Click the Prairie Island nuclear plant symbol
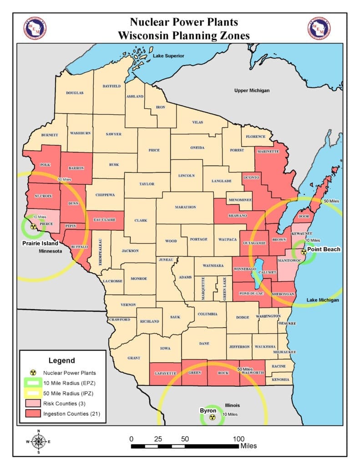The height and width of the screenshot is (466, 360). [x=32, y=226]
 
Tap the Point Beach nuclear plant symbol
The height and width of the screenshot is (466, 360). [x=304, y=252]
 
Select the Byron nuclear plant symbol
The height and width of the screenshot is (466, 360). [x=212, y=417]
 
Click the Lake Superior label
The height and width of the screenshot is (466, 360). [x=168, y=56]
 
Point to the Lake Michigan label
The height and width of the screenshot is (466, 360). [x=323, y=300]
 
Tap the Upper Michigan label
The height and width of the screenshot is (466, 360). [x=252, y=91]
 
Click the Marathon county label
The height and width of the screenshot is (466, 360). [x=185, y=207]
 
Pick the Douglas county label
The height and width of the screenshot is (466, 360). [x=75, y=93]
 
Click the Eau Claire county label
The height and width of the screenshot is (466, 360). [x=106, y=220]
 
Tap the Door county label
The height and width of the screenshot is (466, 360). [x=304, y=217]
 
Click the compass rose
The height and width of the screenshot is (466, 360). [x=39, y=441]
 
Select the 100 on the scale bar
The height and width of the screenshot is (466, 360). [x=238, y=439]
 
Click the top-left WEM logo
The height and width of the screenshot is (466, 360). [x=35, y=28]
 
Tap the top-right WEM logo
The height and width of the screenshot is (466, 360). [x=319, y=28]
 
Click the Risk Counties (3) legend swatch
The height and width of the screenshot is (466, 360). [x=34, y=403]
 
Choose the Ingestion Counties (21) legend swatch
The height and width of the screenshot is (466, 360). [x=34, y=414]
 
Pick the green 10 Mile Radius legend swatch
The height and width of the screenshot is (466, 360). [x=34, y=383]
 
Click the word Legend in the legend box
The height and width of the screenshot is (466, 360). [x=61, y=360]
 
